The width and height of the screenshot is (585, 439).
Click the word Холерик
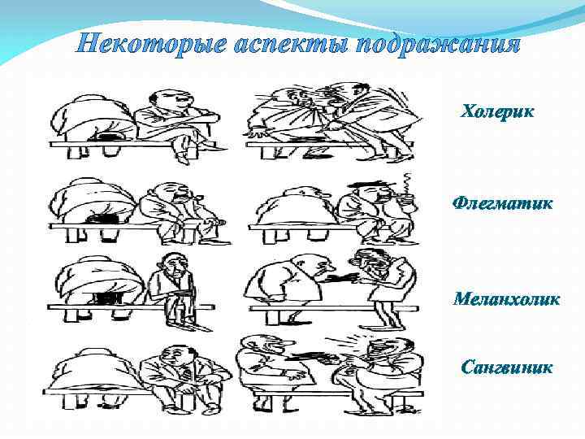tap(497, 111)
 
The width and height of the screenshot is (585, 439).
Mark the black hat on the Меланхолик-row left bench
tap(107, 299)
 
